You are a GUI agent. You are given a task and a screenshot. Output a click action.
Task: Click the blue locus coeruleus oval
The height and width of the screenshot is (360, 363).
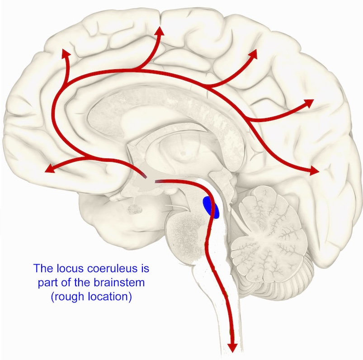pyautogui.click(x=211, y=207)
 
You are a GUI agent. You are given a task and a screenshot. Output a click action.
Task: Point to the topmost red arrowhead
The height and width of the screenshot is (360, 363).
pyautogui.click(x=160, y=31)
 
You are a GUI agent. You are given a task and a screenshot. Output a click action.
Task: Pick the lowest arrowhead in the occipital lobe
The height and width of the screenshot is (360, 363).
pyautogui.click(x=314, y=171)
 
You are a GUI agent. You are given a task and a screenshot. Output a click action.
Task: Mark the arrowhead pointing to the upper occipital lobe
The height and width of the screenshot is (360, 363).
pyautogui.click(x=309, y=103)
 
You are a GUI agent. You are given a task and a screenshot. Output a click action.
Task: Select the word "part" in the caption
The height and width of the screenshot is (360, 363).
pyautogui.click(x=46, y=283)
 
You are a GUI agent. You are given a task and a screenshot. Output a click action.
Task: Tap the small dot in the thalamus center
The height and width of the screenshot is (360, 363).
pyautogui.click(x=183, y=153)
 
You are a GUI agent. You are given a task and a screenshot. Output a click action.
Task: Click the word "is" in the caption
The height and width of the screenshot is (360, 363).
pyautogui.click(x=145, y=268)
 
